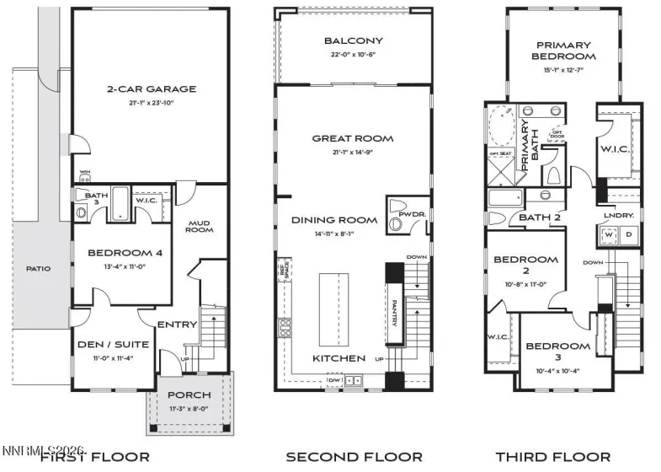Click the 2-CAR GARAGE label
151,88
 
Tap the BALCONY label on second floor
354,40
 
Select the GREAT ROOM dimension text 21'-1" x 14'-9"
353,153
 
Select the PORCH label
189,395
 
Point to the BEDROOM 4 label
125,253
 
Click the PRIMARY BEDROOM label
563,51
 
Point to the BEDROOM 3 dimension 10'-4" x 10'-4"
559,360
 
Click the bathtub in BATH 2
509,200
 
